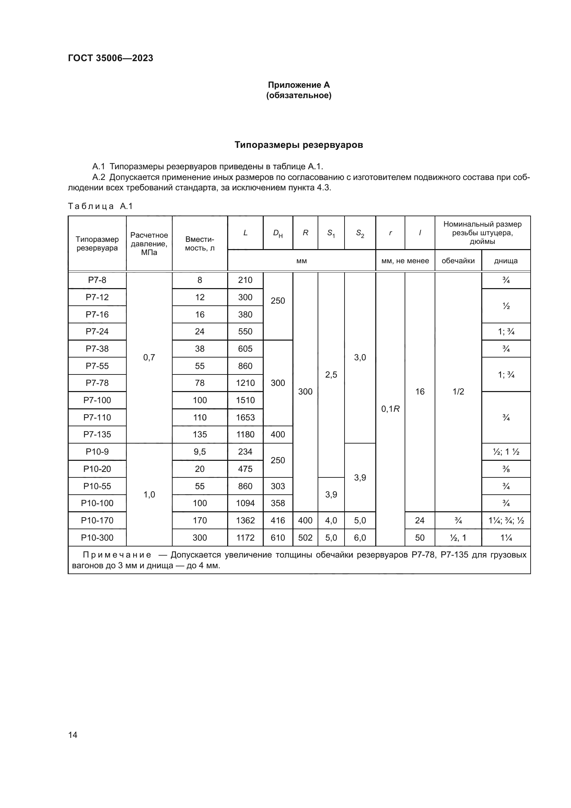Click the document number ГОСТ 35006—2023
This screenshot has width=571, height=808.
click(x=110, y=58)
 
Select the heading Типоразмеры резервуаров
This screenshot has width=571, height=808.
click(x=299, y=145)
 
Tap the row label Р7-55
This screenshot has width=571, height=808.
click(x=97, y=366)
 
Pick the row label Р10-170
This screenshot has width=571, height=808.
click(x=97, y=521)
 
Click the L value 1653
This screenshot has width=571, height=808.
click(x=245, y=417)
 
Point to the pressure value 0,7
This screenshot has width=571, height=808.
click(x=149, y=358)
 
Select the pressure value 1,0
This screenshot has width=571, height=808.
click(x=149, y=494)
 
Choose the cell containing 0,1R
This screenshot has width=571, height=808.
click(x=390, y=409)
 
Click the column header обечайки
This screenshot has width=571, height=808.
click(x=458, y=261)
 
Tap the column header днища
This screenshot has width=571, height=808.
click(x=506, y=261)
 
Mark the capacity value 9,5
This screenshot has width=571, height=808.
click(x=200, y=451)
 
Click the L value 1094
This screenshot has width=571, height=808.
click(x=245, y=503)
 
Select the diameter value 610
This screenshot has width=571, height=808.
click(x=278, y=538)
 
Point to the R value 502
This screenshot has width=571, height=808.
click(x=305, y=538)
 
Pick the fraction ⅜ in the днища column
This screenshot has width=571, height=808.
click(x=506, y=469)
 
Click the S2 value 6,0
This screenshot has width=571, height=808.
click(x=360, y=538)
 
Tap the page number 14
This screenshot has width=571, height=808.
click(x=73, y=735)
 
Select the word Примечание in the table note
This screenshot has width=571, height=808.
click(x=117, y=555)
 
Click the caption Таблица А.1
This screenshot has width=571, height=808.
click(x=100, y=206)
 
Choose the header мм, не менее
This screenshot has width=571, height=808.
click(x=405, y=261)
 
